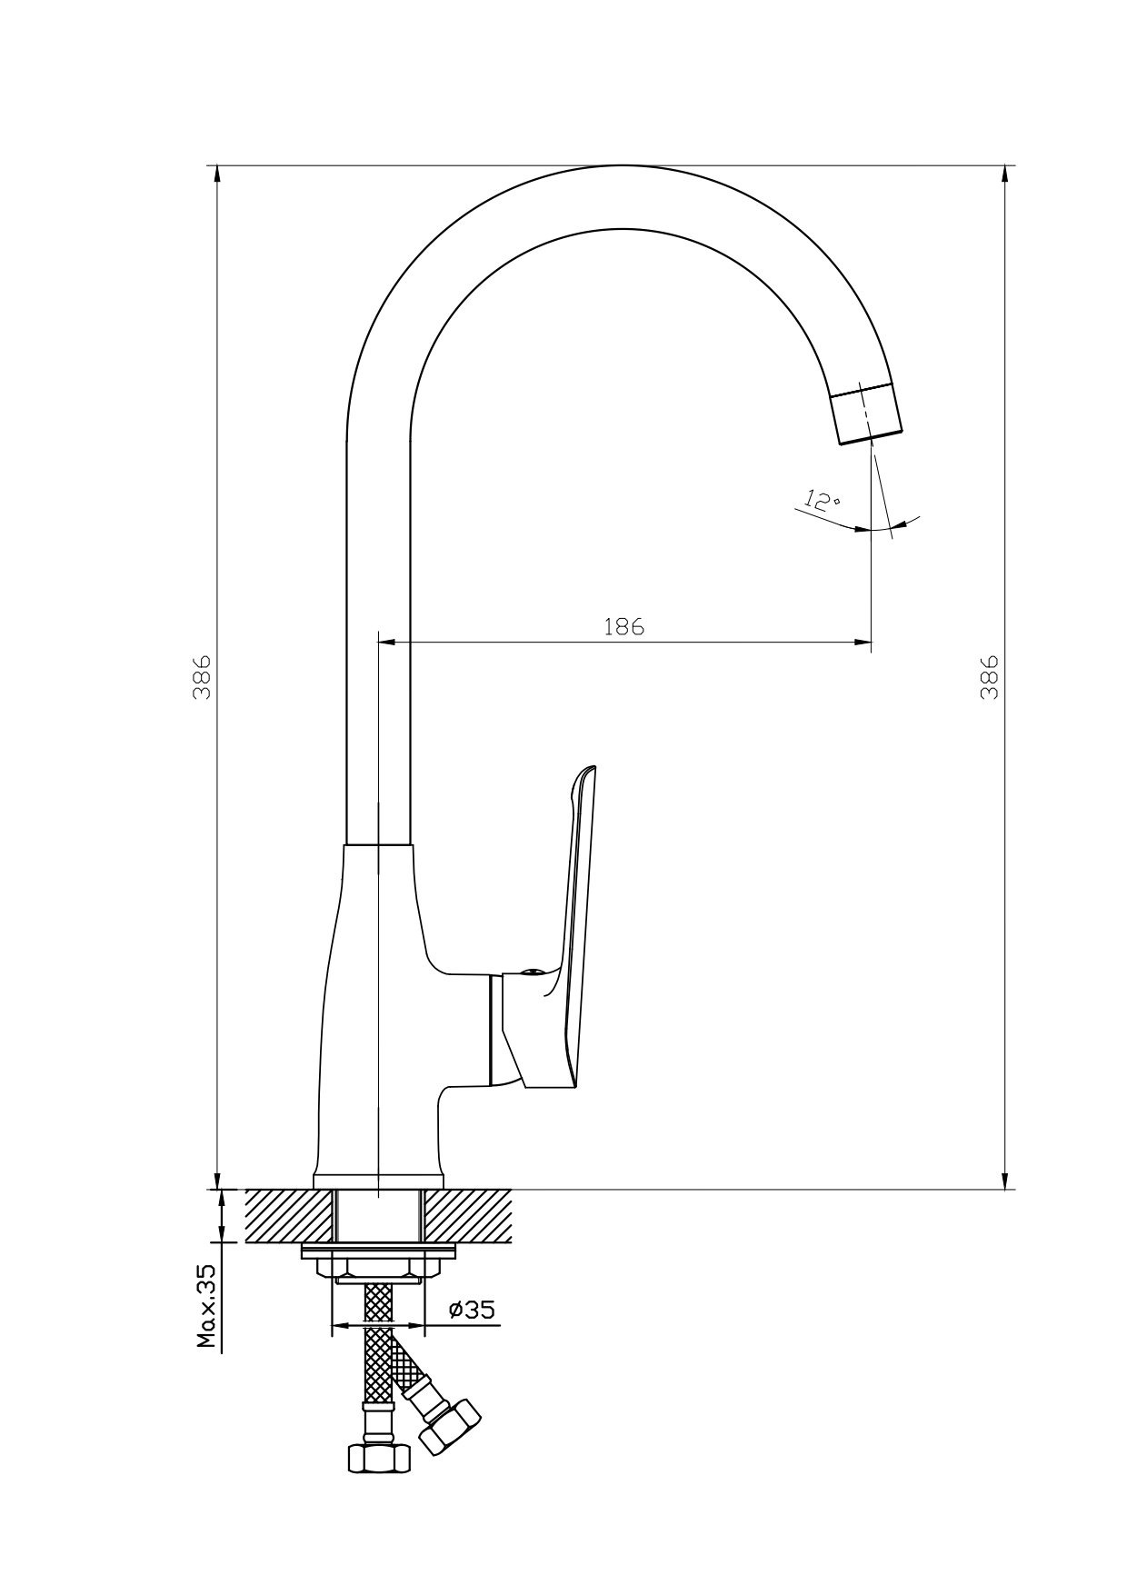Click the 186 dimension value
tap(623, 626)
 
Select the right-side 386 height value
tap(990, 676)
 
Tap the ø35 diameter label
tap(472, 1310)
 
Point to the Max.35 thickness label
tap(207, 1305)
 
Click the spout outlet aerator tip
tap(868, 414)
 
